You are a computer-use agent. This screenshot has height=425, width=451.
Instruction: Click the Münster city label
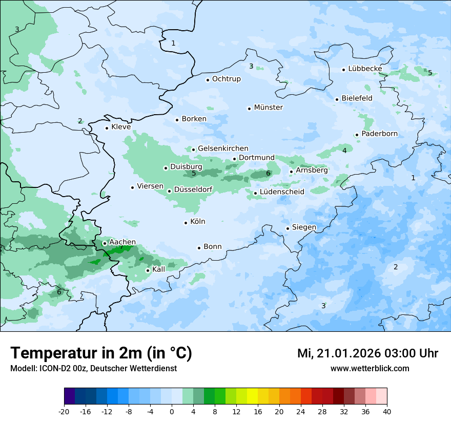(268, 108)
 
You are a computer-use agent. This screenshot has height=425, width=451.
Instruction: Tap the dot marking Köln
(186, 222)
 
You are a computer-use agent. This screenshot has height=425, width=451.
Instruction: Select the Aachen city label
(122, 242)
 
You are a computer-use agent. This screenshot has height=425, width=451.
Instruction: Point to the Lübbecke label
(365, 69)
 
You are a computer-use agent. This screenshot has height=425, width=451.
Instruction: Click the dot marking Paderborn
(357, 135)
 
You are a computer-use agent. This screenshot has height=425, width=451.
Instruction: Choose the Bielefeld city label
(357, 98)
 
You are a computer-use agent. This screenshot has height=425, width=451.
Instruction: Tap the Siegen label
(304, 227)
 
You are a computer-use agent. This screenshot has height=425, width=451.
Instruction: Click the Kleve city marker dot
(107, 128)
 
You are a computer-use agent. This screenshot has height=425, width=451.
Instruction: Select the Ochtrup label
(226, 79)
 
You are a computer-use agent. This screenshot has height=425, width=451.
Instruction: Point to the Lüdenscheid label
(282, 192)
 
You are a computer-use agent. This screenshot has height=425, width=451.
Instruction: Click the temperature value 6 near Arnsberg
(268, 174)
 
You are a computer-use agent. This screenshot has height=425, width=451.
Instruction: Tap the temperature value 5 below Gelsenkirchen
(194, 174)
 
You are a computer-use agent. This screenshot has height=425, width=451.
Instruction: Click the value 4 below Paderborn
(344, 151)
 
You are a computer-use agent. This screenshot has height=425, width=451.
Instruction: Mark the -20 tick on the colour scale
(64, 411)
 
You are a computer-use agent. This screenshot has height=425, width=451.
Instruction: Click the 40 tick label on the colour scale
(387, 411)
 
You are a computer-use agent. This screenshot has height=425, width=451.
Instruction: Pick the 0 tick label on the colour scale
(172, 411)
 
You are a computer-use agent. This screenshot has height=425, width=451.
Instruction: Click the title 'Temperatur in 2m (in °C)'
(101, 353)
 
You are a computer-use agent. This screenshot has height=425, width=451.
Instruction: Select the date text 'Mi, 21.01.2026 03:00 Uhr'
(367, 354)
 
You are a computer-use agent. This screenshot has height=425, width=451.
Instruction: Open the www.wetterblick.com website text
(370, 369)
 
